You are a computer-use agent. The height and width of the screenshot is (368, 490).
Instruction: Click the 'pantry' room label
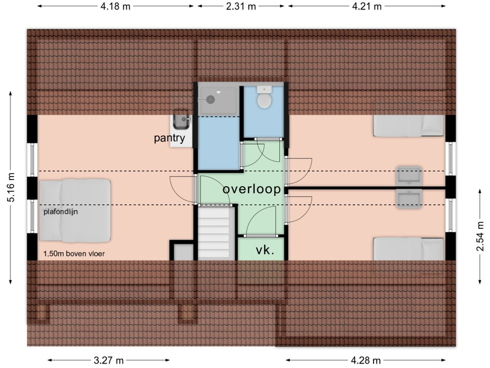click(x=169, y=138)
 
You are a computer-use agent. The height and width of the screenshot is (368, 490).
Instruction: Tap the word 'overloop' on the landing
click(x=252, y=189)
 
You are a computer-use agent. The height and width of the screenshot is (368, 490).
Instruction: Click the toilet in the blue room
click(x=265, y=98)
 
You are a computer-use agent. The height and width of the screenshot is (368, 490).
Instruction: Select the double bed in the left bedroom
click(x=75, y=211)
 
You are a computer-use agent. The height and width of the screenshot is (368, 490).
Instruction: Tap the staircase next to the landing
click(x=216, y=233)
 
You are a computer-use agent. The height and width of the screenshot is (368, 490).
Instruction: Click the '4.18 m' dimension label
click(x=115, y=6)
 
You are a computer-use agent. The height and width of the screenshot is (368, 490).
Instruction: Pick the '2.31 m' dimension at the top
click(x=241, y=6)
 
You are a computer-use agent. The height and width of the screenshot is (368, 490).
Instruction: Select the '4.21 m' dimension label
click(x=367, y=6)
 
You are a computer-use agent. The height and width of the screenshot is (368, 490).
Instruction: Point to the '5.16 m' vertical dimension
click(x=11, y=187)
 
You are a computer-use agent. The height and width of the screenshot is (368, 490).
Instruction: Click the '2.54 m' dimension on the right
click(x=480, y=236)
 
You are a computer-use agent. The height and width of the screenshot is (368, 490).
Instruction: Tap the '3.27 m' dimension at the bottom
click(x=109, y=361)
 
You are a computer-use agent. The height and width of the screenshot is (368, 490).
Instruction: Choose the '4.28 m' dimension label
click(x=366, y=361)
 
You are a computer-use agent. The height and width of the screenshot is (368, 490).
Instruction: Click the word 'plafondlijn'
click(x=61, y=212)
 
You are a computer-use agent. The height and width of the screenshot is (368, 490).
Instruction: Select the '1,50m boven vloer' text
click(x=74, y=253)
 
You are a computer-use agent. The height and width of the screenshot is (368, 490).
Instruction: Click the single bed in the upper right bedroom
click(x=409, y=126)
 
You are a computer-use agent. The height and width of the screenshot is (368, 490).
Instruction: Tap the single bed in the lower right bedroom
click(x=409, y=249)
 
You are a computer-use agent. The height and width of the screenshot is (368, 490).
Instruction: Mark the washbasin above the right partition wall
click(x=409, y=176)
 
